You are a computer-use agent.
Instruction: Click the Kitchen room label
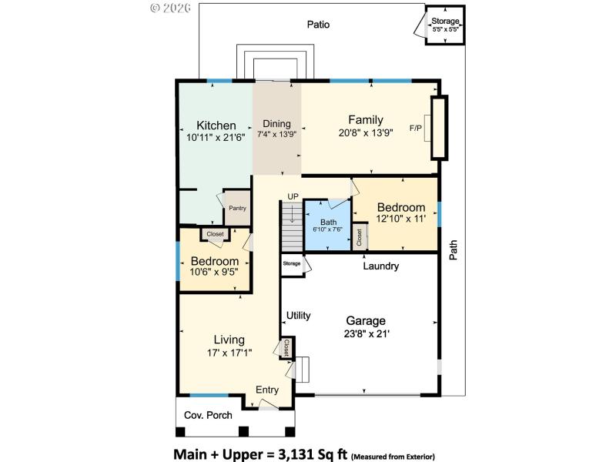point(216,126)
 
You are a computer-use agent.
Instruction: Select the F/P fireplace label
point(417,128)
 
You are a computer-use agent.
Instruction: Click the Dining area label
point(276,123)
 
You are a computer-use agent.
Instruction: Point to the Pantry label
point(237,208)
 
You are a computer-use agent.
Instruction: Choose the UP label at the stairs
point(293,196)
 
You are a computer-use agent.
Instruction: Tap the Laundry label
point(381,266)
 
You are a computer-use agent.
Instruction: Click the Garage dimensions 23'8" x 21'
point(365,334)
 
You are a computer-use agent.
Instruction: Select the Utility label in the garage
point(298,316)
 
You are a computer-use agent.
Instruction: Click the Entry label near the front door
point(267,390)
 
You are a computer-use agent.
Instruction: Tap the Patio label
point(318,25)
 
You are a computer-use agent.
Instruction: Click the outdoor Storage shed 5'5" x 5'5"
point(445,25)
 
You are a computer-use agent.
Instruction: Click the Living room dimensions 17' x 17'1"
point(229,353)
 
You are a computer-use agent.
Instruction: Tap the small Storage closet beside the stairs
point(292,264)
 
